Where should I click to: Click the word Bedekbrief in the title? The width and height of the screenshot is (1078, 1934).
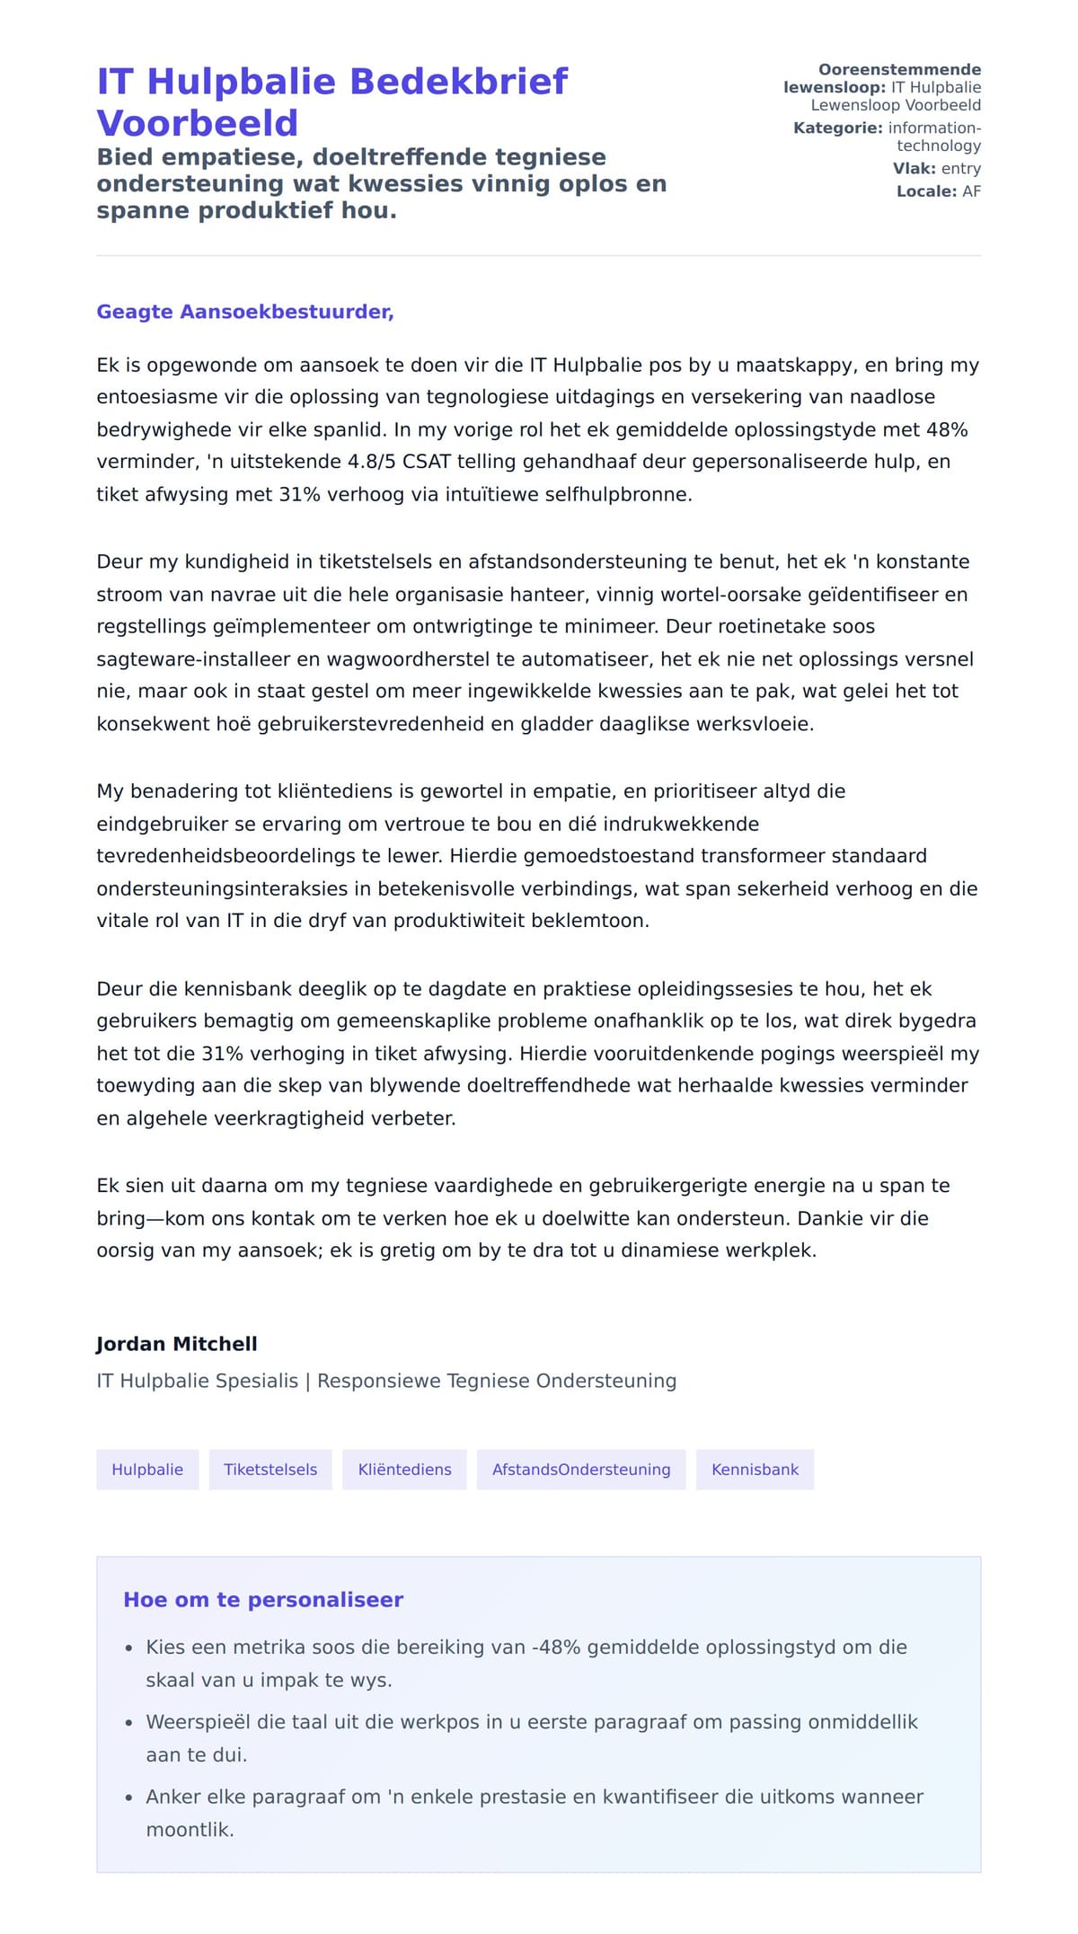pyautogui.click(x=458, y=82)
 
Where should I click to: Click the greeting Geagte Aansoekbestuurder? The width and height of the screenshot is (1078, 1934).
pyautogui.click(x=245, y=312)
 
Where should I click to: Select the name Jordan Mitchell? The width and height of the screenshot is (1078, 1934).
pyautogui.click(x=177, y=1344)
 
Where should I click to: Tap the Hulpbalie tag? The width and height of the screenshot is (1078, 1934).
pyautogui.click(x=147, y=1470)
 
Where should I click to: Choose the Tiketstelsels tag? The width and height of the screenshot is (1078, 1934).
pyautogui.click(x=270, y=1470)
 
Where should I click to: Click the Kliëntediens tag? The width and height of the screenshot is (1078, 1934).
pyautogui.click(x=404, y=1470)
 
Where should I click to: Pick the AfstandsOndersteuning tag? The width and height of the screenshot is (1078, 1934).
pyautogui.click(x=581, y=1470)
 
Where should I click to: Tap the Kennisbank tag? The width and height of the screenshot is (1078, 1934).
pyautogui.click(x=755, y=1470)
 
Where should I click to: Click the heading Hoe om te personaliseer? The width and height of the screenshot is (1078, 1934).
pyautogui.click(x=263, y=1600)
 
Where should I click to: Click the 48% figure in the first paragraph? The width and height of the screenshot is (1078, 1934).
pyautogui.click(x=947, y=429)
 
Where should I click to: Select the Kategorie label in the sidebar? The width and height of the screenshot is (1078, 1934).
pyautogui.click(x=837, y=128)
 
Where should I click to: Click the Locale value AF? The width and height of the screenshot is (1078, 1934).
pyautogui.click(x=971, y=191)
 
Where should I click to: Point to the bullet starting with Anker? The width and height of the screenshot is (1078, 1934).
pyautogui.click(x=535, y=1797)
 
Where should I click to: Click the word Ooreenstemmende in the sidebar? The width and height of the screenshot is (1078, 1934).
pyautogui.click(x=899, y=70)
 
